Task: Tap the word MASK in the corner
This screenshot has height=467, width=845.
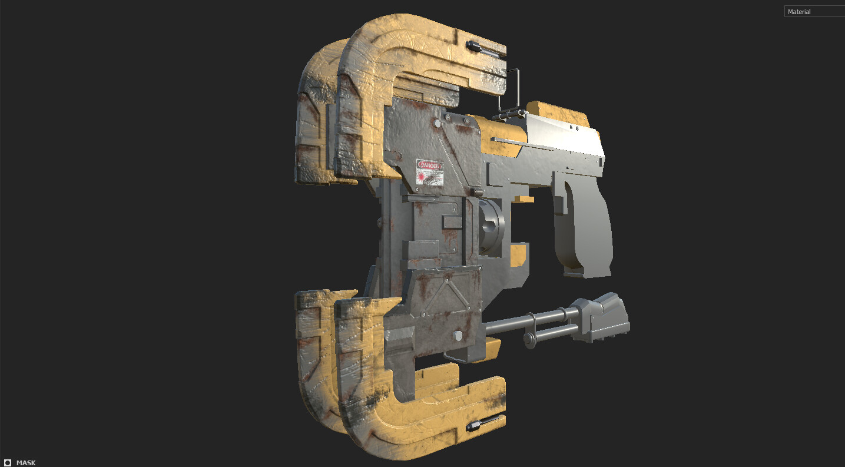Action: [25, 463]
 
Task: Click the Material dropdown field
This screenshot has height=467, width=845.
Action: [814, 12]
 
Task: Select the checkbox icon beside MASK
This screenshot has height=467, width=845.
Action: [8, 463]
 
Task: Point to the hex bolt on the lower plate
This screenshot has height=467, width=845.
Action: [458, 336]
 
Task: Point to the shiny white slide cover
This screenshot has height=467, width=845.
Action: [562, 138]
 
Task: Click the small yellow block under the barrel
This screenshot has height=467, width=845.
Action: [522, 199]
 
